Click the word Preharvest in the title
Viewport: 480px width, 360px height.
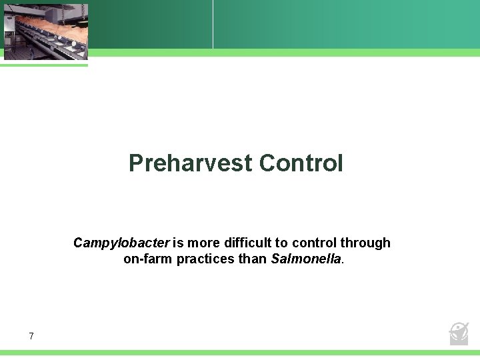click(191, 163)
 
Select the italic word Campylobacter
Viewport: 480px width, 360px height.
click(121, 243)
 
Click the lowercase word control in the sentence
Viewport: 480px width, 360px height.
click(311, 243)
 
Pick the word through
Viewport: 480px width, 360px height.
click(365, 243)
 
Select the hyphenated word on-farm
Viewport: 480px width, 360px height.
click(148, 259)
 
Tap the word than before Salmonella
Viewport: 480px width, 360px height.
click(253, 259)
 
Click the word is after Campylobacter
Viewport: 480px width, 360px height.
click(178, 243)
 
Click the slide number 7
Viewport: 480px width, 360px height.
click(31, 336)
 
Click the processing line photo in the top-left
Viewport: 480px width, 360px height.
click(45, 31)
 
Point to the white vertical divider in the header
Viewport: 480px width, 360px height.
click(213, 24)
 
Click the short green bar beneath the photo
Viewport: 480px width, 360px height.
click(44, 65)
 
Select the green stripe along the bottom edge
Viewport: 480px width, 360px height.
click(240, 353)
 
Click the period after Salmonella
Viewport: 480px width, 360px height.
click(343, 262)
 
